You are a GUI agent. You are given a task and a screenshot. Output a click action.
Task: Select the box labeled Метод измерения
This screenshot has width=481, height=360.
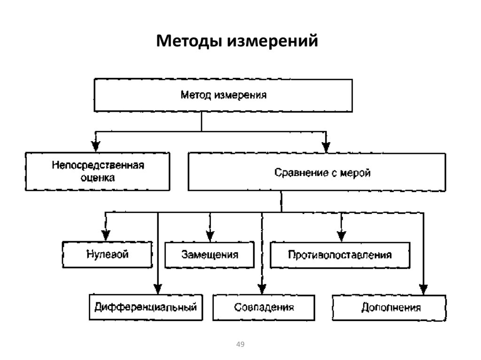pos(224,96)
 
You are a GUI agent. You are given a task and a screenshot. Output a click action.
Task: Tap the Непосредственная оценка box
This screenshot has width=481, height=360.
pos(98,171)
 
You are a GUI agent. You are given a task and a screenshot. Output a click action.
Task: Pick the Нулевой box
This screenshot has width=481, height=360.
pos(108,254)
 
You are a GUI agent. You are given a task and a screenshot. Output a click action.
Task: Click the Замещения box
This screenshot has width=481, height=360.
pos(209,255)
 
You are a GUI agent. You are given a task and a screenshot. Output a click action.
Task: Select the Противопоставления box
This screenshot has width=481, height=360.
pos(340,255)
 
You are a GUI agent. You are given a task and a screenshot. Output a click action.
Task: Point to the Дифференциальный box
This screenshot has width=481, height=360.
pos(145,307)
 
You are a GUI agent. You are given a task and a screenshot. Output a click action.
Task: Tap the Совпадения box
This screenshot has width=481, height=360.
pos(264,307)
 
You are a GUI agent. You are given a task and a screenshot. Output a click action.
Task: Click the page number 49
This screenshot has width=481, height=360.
pos(240,345)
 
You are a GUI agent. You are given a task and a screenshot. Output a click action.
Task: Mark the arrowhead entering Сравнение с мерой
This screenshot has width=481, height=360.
pos(326,146)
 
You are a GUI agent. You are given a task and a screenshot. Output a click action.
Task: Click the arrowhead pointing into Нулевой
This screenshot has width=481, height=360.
pos(106,236)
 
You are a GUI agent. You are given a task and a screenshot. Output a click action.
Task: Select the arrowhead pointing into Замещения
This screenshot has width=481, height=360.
pos(210,236)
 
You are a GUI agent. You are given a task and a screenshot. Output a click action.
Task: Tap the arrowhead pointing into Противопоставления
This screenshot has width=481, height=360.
pos(341,236)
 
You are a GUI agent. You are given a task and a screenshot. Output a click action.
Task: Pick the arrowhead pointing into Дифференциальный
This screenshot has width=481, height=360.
pos(158,289)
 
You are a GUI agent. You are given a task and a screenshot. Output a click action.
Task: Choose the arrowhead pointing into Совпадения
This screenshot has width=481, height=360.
pos(262,289)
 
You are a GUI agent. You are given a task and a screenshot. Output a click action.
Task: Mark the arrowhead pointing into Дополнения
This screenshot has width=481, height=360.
pos(424,289)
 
